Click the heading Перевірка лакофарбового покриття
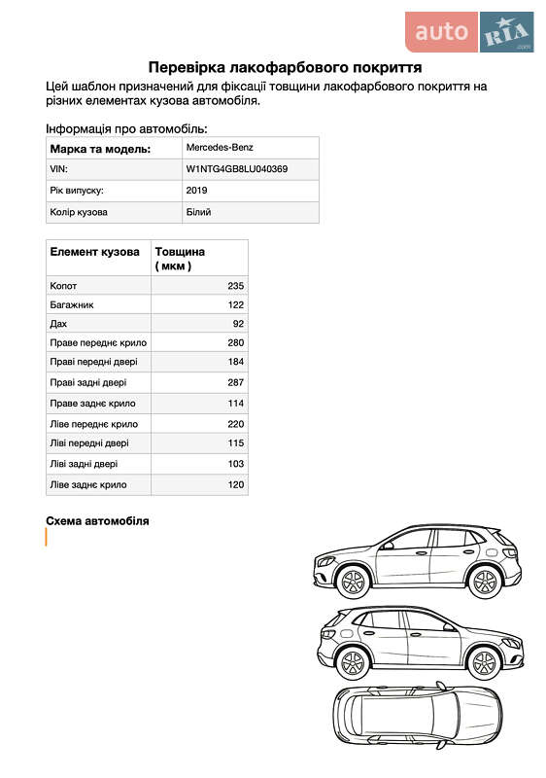click(x=284, y=67)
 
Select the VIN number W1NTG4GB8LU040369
click(x=237, y=169)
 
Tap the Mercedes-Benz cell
click(x=220, y=148)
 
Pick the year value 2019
click(x=196, y=191)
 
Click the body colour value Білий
click(x=198, y=211)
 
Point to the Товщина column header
click(x=180, y=258)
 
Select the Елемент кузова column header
click(x=94, y=252)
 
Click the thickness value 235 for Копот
click(x=235, y=286)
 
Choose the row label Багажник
click(x=72, y=304)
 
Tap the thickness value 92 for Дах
click(x=237, y=323)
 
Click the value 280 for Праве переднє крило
click(x=235, y=342)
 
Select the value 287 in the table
click(x=235, y=382)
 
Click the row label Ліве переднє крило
click(x=93, y=424)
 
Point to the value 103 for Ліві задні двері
click(x=235, y=464)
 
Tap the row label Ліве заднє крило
click(x=87, y=483)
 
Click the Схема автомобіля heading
click(x=97, y=521)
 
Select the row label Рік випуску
click(x=77, y=191)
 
